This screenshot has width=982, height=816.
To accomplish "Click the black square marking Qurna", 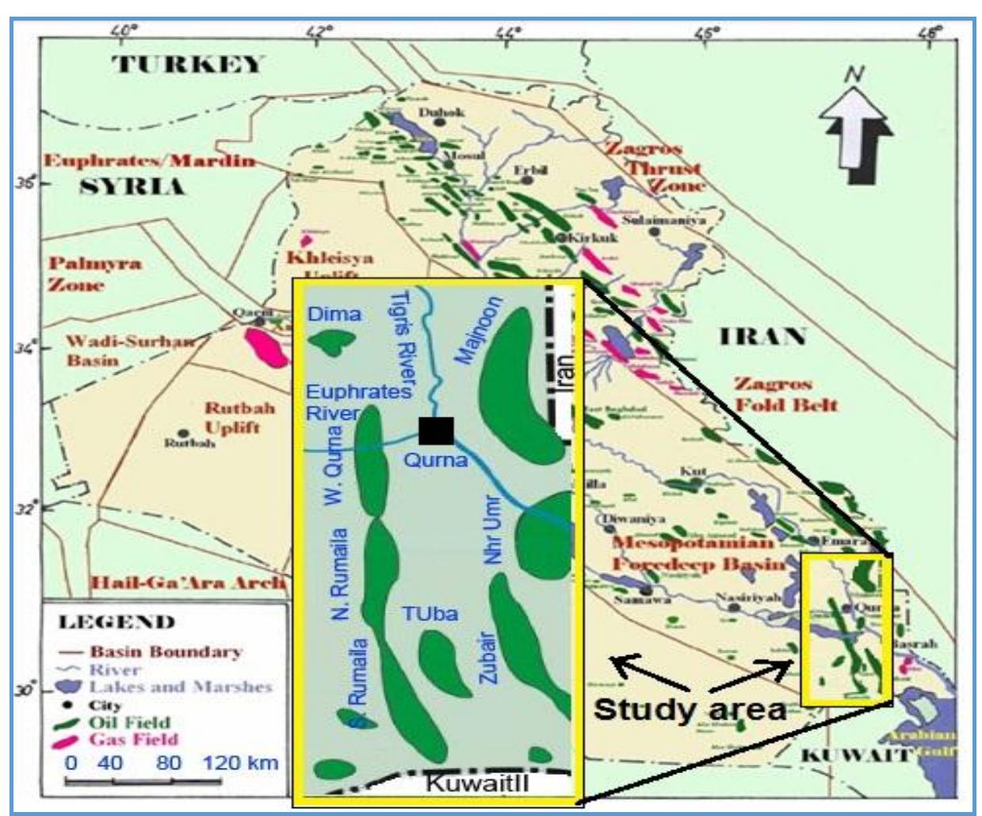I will pyautogui.click(x=436, y=430).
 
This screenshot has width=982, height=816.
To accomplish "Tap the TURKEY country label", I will pyautogui.click(x=187, y=64).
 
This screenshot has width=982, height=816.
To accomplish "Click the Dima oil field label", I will pyautogui.click(x=334, y=315).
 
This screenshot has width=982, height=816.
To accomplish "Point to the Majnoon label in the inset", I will pyautogui.click(x=479, y=330).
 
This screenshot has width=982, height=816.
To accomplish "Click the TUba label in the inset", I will pyautogui.click(x=429, y=614).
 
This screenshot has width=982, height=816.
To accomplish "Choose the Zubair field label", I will pyautogui.click(x=488, y=657).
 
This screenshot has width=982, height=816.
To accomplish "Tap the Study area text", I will pyautogui.click(x=689, y=708).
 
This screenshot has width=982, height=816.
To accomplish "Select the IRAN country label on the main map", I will pyautogui.click(x=762, y=337).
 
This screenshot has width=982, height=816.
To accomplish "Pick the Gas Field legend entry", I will pyautogui.click(x=134, y=740).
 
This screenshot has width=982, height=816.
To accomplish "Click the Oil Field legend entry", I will pyautogui.click(x=129, y=723).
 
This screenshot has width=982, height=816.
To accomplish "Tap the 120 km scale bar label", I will pyautogui.click(x=240, y=763).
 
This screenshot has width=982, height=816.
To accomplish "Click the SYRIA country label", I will pyautogui.click(x=132, y=187).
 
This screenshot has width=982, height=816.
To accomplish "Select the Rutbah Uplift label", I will pyautogui.click(x=239, y=418).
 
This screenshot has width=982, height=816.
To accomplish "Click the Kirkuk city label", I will pyautogui.click(x=590, y=237).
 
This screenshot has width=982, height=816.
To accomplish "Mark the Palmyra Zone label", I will pyautogui.click(x=95, y=273).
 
